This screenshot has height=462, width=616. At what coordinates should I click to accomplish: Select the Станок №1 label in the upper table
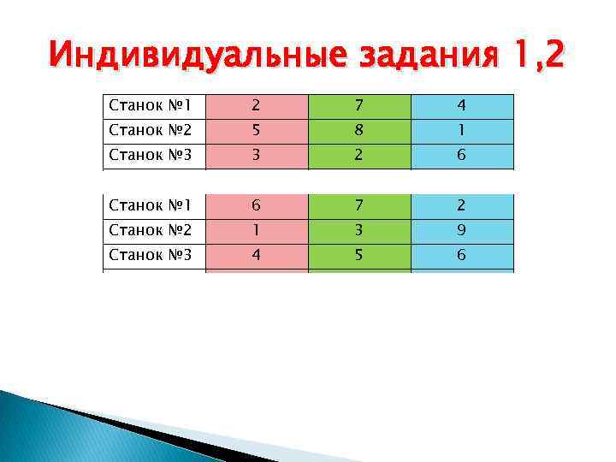(151, 106)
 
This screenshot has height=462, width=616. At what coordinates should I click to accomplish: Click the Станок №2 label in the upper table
(151, 131)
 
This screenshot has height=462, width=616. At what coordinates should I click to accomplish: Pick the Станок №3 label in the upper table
(151, 157)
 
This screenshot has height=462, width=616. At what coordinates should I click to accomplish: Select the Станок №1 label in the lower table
(151, 205)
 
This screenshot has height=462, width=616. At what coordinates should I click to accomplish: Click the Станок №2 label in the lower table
(151, 230)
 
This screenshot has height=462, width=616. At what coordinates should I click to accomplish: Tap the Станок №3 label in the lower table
(151, 255)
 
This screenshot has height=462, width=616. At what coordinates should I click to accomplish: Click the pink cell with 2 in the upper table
(256, 106)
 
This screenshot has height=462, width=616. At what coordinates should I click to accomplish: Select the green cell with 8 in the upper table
(359, 131)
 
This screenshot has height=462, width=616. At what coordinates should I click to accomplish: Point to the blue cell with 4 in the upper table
(462, 106)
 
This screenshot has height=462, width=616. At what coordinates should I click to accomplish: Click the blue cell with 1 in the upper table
(462, 131)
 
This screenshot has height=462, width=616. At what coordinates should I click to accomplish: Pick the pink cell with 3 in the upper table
(256, 157)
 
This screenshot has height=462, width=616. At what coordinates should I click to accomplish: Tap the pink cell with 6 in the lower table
(256, 205)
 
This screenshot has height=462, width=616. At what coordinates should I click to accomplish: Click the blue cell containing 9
(462, 230)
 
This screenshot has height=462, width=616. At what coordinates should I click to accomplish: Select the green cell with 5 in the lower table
(359, 255)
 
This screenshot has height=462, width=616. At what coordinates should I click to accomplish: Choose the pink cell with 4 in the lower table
(256, 255)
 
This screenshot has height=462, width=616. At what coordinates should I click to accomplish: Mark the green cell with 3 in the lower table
(359, 230)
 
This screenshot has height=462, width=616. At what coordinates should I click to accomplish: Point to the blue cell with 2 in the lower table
(462, 205)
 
